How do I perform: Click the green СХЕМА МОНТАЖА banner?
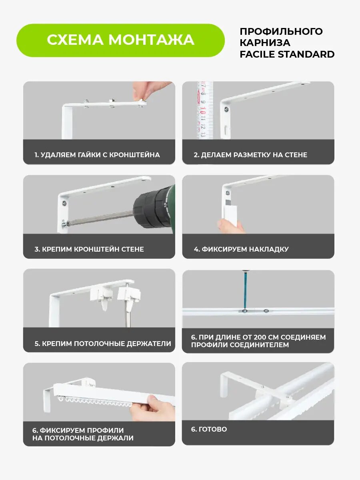(x=120, y=40)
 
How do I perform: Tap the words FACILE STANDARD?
(x=287, y=54)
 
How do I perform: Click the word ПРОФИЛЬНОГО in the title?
(x=281, y=32)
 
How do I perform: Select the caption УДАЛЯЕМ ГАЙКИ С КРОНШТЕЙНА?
(x=100, y=155)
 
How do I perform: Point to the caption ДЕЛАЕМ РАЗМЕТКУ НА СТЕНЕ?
(x=254, y=155)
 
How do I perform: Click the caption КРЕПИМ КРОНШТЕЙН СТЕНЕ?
(x=93, y=249)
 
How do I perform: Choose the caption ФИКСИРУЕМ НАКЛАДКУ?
(x=245, y=249)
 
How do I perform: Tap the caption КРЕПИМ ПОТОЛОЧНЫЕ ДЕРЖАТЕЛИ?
(x=106, y=343)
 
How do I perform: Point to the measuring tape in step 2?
(x=205, y=110)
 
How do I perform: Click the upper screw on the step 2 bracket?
(x=227, y=109)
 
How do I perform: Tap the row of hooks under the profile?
(x=94, y=401)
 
